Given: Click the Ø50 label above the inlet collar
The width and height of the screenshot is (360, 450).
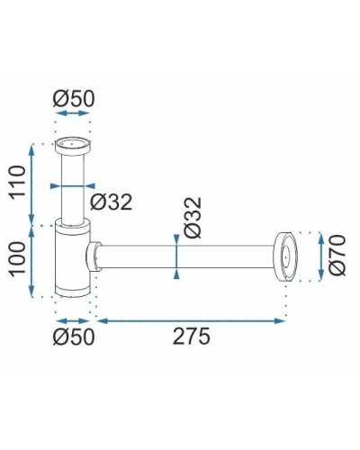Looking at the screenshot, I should click(74, 99).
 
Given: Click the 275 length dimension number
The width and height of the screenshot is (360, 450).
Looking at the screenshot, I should click(191, 337).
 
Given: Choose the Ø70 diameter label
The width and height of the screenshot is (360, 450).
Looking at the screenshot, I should click(337, 256).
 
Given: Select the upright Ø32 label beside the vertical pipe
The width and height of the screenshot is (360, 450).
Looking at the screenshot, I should click(111, 202).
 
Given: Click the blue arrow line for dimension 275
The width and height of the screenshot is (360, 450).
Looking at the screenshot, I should click(191, 319).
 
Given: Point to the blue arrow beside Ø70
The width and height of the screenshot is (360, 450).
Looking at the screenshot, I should click(319, 256).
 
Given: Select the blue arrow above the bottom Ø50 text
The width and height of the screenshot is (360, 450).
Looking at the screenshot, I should click(74, 319).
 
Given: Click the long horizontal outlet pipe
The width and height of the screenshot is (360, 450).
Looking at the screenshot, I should click(189, 256).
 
